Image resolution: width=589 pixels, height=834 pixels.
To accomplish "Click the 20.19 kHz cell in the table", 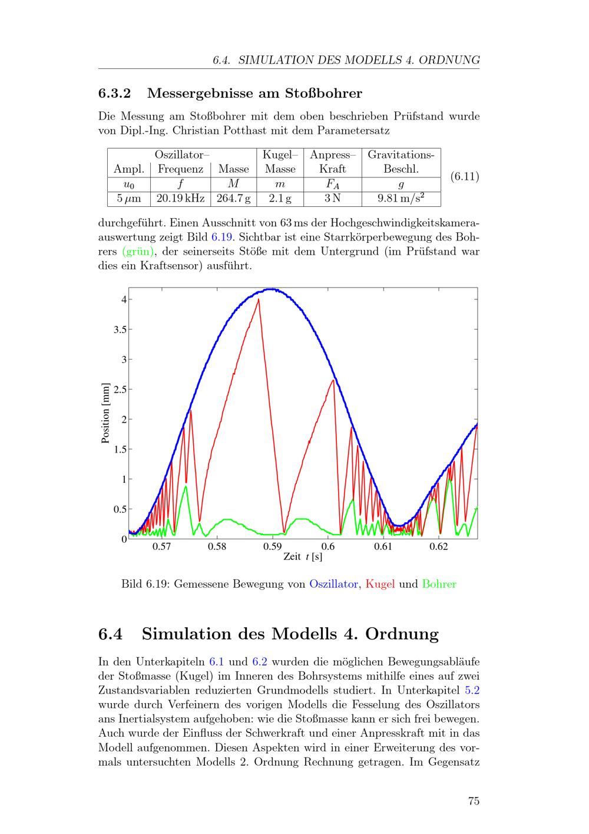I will point(181,199).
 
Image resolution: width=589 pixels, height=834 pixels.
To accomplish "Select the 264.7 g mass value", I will point(233,199).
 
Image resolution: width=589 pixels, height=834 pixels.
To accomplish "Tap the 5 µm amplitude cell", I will point(129,199).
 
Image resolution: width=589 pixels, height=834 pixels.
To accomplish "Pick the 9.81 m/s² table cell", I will point(401,199).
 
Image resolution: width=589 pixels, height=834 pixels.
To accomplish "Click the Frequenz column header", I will point(181,169).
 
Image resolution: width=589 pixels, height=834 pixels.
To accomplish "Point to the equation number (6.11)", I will point(465,176).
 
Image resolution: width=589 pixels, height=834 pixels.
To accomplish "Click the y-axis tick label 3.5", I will point(120,329).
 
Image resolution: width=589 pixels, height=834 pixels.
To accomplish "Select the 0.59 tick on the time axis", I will point(273,547).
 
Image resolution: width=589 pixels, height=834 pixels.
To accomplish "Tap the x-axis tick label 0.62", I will point(439,547).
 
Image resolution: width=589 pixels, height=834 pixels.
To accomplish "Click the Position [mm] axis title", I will point(106,413).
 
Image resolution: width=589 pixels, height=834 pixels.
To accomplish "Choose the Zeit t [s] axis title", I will point(303,557).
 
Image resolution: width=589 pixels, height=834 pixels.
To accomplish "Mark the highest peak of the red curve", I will point(258,299).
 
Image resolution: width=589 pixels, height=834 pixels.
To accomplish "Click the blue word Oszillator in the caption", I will point(333,585).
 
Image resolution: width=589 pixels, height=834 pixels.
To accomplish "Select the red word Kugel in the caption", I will point(380,585).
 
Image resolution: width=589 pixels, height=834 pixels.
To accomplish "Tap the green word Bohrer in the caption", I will point(439,585).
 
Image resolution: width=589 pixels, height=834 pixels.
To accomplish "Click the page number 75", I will point(474,801).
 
